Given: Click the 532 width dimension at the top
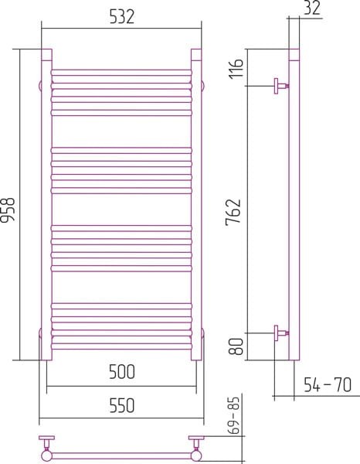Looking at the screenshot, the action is click(122, 17).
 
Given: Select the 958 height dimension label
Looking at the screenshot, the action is click(8, 210).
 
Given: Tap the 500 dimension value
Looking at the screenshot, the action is click(122, 372).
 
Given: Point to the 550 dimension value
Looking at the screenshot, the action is click(122, 405).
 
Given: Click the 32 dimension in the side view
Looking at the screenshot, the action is click(312, 8).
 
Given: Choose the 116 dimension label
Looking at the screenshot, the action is click(236, 68).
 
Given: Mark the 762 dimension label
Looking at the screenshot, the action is click(233, 213).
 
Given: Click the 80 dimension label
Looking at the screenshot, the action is click(236, 346).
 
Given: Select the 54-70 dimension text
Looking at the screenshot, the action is click(328, 384).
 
